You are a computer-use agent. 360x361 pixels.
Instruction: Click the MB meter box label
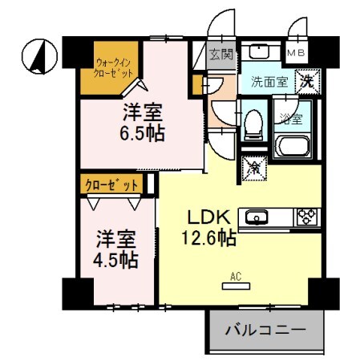point(296,54)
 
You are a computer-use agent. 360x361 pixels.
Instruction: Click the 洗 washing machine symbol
point(308,80)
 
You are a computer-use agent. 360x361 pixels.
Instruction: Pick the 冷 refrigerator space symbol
point(254,168)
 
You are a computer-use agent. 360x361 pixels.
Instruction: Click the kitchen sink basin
point(258,216)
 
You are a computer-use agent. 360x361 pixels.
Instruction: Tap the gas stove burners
point(308,216)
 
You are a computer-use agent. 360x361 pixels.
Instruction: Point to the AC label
point(236,278)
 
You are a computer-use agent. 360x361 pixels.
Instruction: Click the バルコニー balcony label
point(265,329)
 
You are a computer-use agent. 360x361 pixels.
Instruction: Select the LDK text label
point(210,216)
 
